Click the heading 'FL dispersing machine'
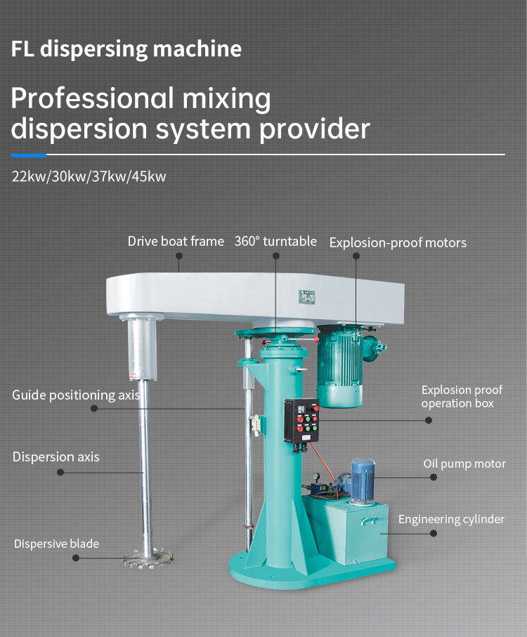(x=126, y=49)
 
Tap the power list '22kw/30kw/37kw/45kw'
(x=89, y=176)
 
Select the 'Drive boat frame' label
(x=176, y=242)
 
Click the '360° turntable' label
(x=275, y=242)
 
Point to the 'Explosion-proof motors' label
(x=398, y=243)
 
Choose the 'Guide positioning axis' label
(x=76, y=395)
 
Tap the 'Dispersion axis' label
(x=56, y=457)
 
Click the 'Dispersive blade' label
(x=56, y=544)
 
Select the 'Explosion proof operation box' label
(x=462, y=397)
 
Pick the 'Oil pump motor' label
(x=464, y=464)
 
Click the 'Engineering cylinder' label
(x=451, y=520)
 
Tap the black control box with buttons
(x=301, y=419)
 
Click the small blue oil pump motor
(x=363, y=480)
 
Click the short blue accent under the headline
(x=29, y=155)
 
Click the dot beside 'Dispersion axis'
(x=60, y=473)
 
